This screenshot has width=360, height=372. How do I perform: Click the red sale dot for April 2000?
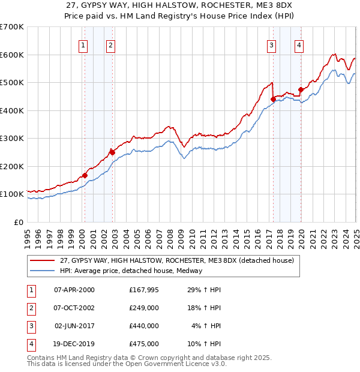click(x=85, y=175)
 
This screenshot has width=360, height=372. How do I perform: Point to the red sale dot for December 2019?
click(x=301, y=90)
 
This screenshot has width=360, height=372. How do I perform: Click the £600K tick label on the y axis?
click(x=12, y=55)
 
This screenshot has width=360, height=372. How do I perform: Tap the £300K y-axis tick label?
click(x=12, y=138)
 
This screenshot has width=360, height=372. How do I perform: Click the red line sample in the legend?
click(x=42, y=261)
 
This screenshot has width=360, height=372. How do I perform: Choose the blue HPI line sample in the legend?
click(x=42, y=271)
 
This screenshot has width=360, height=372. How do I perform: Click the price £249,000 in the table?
click(x=144, y=308)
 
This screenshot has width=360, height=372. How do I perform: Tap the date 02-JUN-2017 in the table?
click(x=74, y=326)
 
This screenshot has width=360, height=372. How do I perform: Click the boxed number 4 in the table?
click(x=31, y=344)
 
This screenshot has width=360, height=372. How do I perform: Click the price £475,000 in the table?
click(x=144, y=344)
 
